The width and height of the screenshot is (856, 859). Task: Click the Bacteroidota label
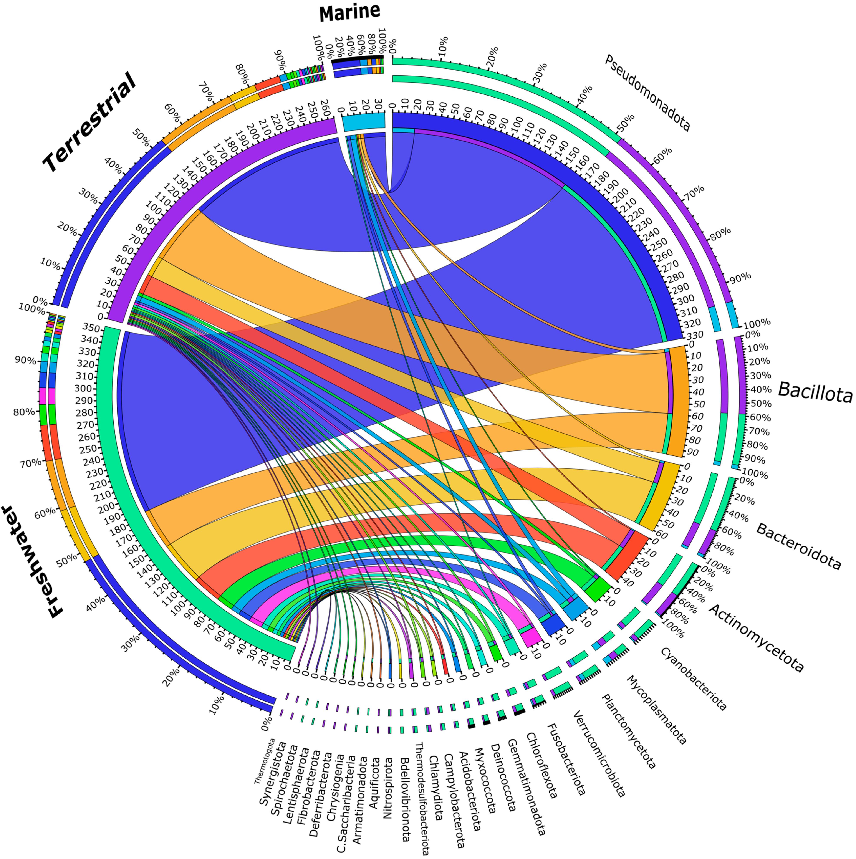798,546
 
